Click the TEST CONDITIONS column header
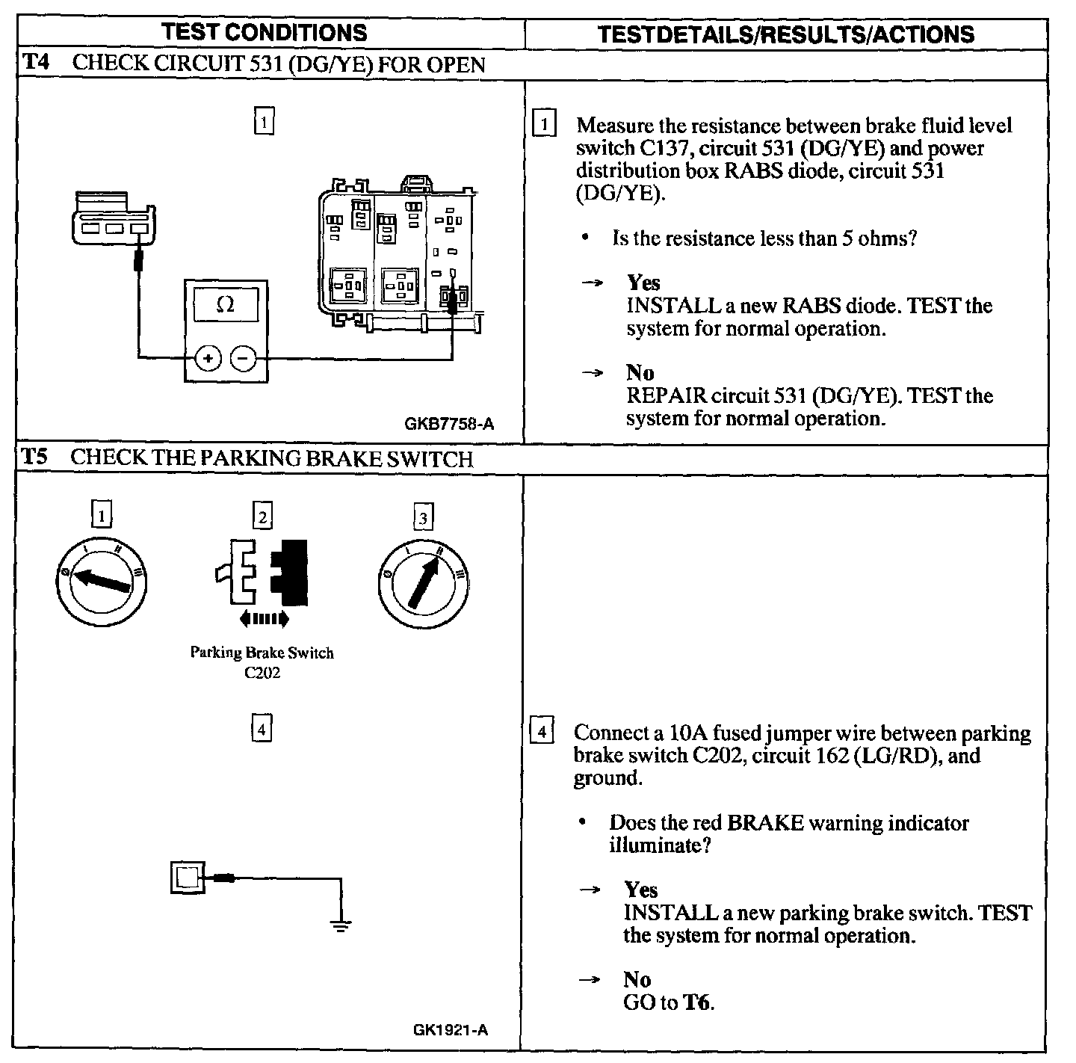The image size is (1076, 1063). click(265, 33)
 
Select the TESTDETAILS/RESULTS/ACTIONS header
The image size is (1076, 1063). click(786, 34)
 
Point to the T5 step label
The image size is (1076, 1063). click(34, 457)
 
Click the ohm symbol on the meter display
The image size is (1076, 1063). click(224, 304)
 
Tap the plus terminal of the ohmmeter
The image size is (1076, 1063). click(208, 360)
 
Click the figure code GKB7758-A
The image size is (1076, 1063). click(449, 425)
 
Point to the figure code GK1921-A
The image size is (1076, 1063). click(451, 1030)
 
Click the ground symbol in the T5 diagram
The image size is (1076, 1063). click(341, 927)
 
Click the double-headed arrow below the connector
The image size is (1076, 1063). click(264, 618)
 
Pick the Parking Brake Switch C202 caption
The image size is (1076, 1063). click(262, 662)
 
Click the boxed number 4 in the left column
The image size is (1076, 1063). click(261, 729)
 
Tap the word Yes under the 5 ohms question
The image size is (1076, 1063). click(643, 283)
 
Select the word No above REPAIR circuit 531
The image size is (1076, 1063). click(640, 373)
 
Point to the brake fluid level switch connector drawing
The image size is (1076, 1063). click(114, 218)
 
